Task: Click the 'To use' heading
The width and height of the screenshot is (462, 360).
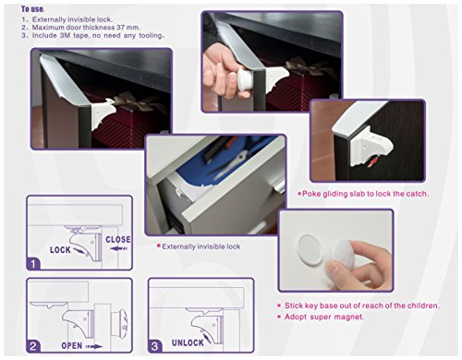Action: click(32, 9)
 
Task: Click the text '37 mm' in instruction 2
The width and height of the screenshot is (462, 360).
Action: click(128, 27)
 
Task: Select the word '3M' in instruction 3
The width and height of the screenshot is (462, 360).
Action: click(65, 35)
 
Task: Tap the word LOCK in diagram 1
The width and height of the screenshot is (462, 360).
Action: click(60, 250)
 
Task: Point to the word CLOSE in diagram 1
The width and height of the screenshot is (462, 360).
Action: click(118, 239)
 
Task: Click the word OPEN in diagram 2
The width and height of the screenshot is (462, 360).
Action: click(72, 346)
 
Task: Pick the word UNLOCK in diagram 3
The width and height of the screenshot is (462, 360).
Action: click(188, 342)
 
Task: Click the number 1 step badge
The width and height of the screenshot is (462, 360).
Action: click(33, 264)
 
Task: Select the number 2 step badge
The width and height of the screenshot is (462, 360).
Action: click(33, 346)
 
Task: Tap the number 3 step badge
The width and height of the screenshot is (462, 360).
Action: click(154, 346)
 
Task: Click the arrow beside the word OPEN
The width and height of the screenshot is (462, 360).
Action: click(94, 346)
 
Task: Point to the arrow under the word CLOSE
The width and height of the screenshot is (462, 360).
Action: click(118, 248)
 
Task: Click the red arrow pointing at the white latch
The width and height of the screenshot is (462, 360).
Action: click(372, 162)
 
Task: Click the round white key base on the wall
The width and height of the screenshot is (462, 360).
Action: click(310, 248)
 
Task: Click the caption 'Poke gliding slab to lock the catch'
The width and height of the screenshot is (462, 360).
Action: click(363, 194)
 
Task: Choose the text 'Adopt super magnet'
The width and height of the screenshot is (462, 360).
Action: click(321, 317)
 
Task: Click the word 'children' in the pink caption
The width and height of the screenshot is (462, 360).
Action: click(423, 306)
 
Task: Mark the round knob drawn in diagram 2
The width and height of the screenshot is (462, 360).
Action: click(120, 324)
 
